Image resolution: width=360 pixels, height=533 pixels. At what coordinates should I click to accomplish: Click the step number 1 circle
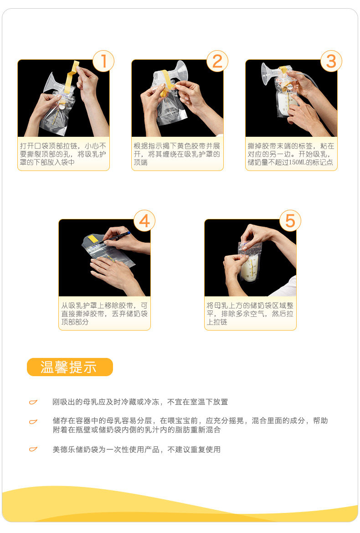tap(103, 61)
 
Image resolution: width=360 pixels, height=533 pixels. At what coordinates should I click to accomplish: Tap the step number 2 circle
tap(217, 61)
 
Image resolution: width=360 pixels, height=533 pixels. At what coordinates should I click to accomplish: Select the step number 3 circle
tap(331, 61)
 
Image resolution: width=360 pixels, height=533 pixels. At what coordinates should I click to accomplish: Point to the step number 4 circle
tap(144, 221)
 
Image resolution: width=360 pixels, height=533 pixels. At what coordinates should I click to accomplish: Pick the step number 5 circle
tap(290, 221)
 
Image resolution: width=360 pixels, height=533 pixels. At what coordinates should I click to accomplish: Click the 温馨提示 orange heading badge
tap(70, 367)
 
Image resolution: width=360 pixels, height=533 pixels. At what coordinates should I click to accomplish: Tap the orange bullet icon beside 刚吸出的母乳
tap(33, 402)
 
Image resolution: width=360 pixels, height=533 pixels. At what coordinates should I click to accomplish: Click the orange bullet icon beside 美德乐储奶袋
tap(33, 450)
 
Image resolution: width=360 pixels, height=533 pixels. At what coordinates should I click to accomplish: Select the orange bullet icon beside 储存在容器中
tap(33, 422)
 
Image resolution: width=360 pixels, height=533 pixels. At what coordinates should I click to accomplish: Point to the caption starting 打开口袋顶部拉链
tap(63, 154)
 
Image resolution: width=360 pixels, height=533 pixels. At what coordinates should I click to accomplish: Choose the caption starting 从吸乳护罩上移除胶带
tap(104, 313)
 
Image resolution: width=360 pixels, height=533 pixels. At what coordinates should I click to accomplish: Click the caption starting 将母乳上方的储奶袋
tap(250, 313)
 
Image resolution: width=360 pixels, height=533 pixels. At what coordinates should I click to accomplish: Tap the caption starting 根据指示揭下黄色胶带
tap(177, 154)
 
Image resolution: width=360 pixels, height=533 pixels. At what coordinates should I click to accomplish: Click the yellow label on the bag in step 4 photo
tap(93, 238)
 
